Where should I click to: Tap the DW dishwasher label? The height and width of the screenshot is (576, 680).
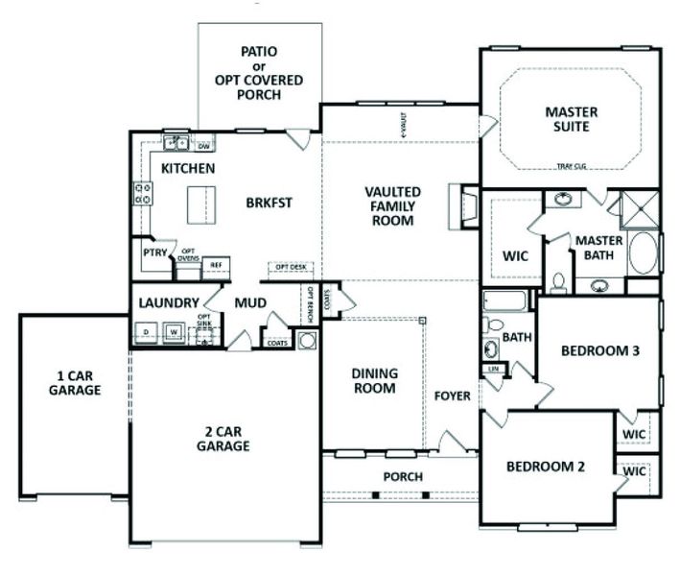203,147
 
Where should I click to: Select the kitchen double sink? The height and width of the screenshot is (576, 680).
176,145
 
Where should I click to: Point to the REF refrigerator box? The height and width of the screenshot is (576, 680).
217,263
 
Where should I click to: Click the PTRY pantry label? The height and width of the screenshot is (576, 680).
155,253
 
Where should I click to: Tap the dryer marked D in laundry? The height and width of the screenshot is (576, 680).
147,332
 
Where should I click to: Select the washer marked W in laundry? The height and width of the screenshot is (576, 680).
175,332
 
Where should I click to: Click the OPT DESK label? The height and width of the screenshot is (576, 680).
290,267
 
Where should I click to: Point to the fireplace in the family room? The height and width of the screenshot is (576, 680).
466,204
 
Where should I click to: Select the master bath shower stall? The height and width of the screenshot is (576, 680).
637,208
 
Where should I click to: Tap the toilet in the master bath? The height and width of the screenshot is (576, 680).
557,281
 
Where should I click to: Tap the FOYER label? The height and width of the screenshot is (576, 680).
452,396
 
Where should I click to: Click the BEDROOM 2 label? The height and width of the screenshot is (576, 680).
545,468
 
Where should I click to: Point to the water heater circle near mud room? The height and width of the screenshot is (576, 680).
308,340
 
